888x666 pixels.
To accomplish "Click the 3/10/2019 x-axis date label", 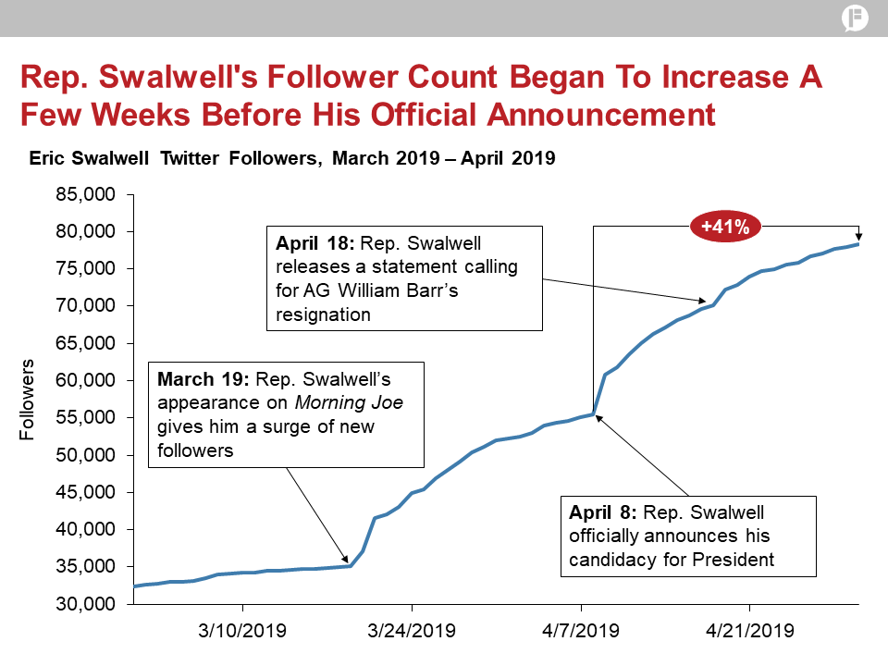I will pos(243,632).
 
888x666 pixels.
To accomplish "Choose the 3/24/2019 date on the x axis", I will pos(412,632).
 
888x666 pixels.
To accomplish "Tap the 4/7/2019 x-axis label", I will pos(581,632).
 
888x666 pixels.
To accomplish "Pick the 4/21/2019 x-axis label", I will pos(749,632).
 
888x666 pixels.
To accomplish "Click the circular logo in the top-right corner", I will pos(855,18).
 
